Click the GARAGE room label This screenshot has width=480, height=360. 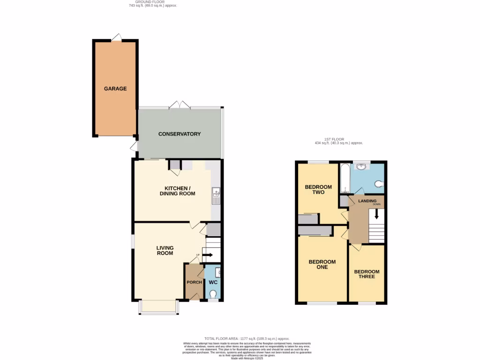[115, 89]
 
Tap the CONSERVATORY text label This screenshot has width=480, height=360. [180, 134]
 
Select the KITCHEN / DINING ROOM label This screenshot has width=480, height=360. [177, 190]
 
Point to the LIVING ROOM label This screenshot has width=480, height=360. [165, 250]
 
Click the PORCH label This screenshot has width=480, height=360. [194, 282]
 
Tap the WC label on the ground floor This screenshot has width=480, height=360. [213, 283]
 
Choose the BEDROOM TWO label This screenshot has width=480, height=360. [318, 189]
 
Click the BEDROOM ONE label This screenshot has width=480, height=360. [322, 264]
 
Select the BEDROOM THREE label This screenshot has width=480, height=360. [367, 274]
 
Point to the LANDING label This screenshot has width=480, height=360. [367, 201]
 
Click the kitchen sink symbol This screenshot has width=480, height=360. [216, 196]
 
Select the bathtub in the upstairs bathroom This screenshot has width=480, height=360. [345, 179]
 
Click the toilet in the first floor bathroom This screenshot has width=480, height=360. [380, 184]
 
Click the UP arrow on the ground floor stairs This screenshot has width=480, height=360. [207, 255]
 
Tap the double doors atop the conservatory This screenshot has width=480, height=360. [180, 105]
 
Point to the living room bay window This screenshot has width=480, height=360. [158, 307]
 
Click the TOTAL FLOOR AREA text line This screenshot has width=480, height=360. [247, 338]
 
